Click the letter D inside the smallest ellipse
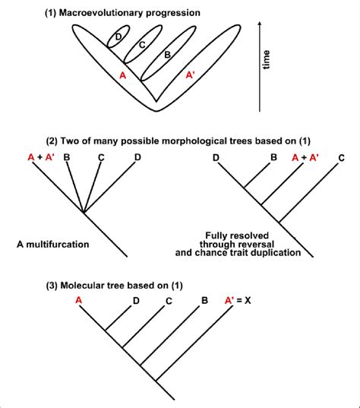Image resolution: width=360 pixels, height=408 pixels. click(118, 37)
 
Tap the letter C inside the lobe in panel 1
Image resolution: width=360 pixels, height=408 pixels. click(142, 45)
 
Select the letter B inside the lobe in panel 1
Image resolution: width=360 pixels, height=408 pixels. click(168, 55)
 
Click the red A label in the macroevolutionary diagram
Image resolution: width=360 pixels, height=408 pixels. click(122, 75)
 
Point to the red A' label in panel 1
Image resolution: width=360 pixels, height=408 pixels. click(191, 75)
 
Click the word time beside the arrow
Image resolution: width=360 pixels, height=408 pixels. click(266, 60)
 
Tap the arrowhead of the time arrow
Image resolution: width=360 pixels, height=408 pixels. click(260, 24)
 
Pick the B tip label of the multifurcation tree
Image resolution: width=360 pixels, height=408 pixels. click(67, 157)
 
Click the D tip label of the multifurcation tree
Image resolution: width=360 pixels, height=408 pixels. click(137, 157)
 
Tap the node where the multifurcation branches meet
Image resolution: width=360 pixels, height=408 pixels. click(84, 213)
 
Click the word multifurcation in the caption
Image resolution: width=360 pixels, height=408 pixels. click(58, 245)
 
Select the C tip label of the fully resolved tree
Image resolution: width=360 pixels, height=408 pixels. click(342, 158)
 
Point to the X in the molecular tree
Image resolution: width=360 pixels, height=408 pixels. click(248, 301)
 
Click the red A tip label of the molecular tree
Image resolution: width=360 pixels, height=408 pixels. click(78, 300)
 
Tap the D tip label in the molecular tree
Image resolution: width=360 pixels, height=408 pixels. click(136, 301)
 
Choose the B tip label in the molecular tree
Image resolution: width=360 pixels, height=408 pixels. click(205, 301)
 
